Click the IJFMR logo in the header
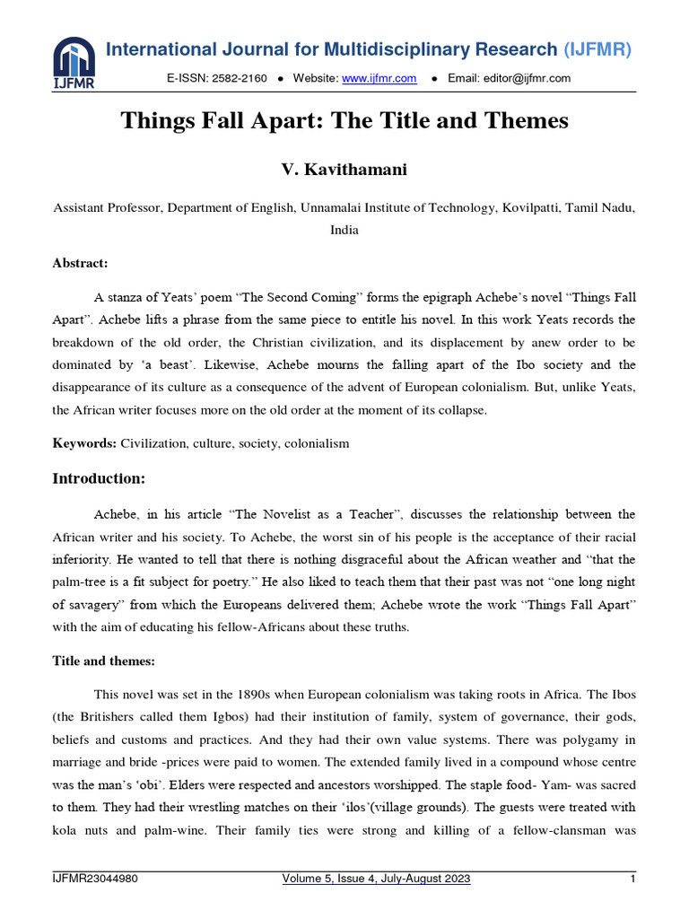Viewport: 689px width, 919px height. pos(73,63)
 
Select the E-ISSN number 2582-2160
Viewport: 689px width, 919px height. pos(240,79)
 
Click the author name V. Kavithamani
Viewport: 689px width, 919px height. pos(344,169)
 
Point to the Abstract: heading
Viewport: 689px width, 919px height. pos(81,263)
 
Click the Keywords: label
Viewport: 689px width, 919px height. pos(85,443)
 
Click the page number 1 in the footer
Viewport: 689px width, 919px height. pos(632,880)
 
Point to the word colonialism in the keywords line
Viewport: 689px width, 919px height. pos(318,443)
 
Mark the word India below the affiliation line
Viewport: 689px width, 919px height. pos(344,230)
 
